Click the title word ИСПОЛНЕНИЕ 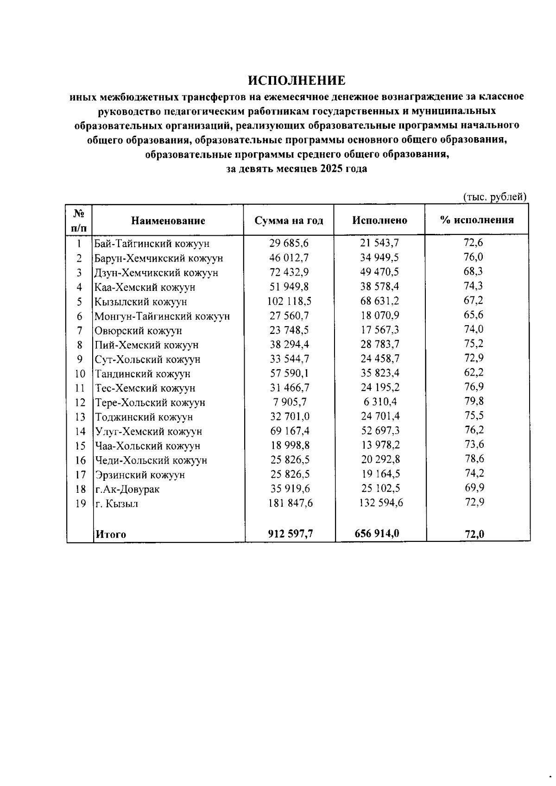(297, 81)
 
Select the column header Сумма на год (289, 220)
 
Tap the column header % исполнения (477, 220)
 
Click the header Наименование (168, 220)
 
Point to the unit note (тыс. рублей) (495, 197)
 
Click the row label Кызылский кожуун (141, 302)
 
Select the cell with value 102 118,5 (290, 302)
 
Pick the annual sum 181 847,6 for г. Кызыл (291, 503)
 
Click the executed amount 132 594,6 (381, 503)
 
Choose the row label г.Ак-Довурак (127, 489)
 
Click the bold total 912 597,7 (291, 534)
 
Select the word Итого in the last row (111, 534)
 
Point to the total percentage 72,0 (474, 534)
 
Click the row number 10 (80, 374)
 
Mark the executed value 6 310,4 (379, 402)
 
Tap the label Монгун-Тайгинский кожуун (162, 316)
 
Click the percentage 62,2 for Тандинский (474, 372)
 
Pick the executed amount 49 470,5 (380, 272)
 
